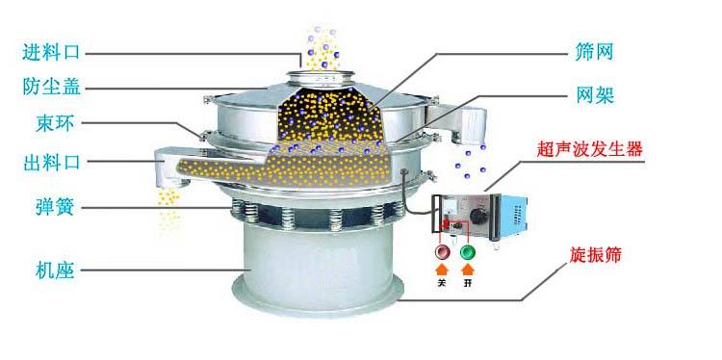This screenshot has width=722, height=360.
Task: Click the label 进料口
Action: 51,52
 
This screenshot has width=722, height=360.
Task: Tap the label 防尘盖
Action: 51,86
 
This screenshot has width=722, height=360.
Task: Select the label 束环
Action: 55,123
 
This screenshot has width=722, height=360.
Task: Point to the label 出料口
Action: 51,162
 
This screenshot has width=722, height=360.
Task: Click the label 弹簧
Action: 55,207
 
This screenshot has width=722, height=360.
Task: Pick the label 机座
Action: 55,270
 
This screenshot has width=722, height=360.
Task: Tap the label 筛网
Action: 595,53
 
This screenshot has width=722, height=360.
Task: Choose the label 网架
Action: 595,96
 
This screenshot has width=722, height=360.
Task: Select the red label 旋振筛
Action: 595,254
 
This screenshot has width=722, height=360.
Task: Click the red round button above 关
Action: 441,252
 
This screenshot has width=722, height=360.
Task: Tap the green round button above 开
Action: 468,252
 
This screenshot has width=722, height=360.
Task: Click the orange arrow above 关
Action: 441,270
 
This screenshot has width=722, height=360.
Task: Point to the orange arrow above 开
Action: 468,270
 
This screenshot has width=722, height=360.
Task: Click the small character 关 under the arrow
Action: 441,283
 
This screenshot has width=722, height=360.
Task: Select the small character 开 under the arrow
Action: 468,283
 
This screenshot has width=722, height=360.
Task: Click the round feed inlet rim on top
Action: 321,75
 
